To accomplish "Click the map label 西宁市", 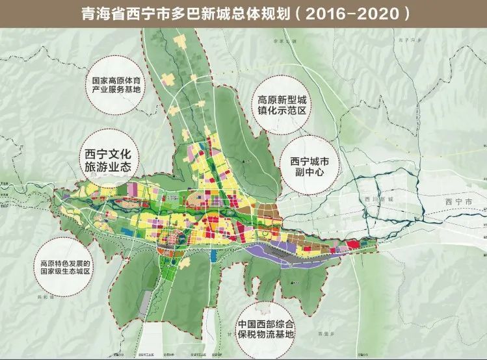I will tap(462, 202).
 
